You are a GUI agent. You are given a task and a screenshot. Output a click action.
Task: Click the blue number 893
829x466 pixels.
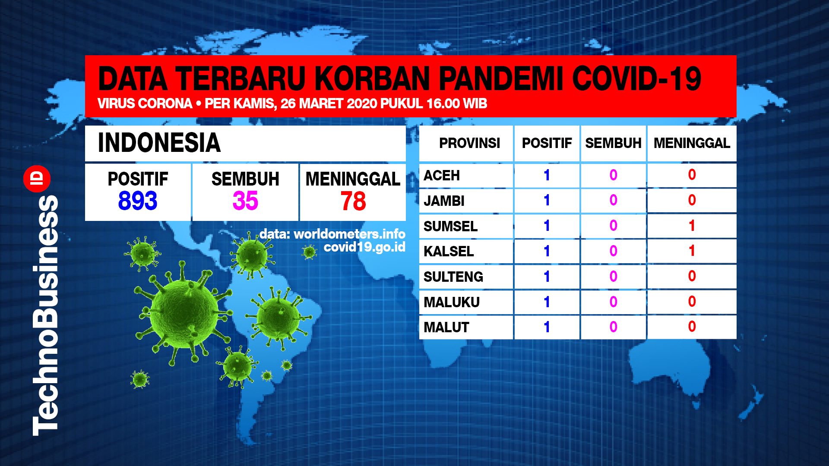point(138,201)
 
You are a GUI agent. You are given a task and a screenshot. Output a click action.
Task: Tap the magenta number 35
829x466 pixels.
point(245,201)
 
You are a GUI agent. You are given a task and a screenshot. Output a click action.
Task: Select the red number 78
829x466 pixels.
point(353,202)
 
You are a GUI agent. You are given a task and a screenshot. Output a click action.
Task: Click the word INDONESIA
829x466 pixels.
point(159,143)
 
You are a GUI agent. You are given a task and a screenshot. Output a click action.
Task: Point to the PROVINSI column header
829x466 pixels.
point(469,143)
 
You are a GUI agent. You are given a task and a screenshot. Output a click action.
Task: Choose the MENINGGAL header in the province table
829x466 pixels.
point(692,143)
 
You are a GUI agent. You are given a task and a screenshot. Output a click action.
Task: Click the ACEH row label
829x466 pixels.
point(442,176)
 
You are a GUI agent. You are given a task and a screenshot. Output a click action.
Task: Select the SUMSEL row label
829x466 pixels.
point(450,226)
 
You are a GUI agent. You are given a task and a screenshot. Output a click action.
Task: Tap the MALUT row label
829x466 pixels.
point(446,327)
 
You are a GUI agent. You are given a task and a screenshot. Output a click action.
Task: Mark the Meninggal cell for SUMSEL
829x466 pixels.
point(692,226)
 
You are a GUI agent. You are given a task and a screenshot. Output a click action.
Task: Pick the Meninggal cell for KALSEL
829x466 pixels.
point(692,251)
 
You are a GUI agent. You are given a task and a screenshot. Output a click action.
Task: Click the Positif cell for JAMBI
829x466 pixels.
point(547,200)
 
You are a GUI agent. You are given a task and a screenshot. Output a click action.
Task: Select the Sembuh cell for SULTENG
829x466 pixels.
point(613,276)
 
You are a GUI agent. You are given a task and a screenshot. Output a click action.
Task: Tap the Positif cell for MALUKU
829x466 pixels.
point(547,302)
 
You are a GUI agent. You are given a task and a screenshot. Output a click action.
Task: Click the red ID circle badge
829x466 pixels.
point(37,179)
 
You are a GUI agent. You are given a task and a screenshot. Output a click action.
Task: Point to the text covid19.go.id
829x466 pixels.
point(364,247)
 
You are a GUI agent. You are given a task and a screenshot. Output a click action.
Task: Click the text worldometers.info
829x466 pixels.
point(349,234)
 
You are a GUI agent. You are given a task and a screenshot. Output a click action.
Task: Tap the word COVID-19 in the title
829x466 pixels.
point(637,79)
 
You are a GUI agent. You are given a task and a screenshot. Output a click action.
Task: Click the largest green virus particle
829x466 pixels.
point(184,313)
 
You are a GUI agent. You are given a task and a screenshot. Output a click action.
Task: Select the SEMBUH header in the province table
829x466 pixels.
point(613,143)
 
